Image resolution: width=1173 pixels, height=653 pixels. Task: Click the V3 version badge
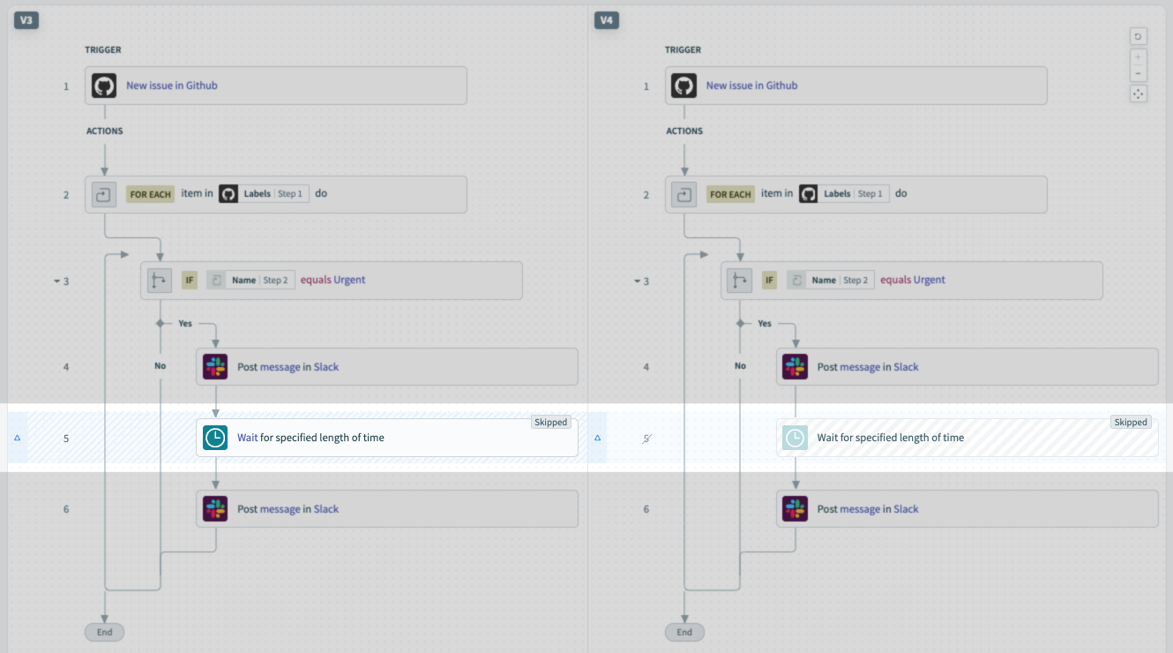[26, 19]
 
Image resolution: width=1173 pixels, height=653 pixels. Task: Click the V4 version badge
[606, 19]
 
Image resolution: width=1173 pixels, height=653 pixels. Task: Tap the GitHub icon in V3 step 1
[105, 86]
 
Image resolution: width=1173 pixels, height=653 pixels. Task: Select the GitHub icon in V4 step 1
[684, 86]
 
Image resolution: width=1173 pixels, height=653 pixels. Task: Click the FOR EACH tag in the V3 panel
[150, 194]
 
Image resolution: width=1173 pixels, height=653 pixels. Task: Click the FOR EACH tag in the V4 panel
[730, 194]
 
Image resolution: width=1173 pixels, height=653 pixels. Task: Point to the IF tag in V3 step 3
[189, 281]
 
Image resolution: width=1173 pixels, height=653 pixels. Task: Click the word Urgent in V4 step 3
[929, 280]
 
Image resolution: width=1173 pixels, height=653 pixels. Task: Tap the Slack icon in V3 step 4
[215, 367]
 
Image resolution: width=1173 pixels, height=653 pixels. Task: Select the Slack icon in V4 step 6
[796, 509]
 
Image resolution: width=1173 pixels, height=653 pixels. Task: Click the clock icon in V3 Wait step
[215, 438]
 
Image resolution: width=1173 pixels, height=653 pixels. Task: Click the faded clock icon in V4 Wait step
[796, 438]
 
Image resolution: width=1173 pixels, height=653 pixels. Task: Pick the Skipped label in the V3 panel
[550, 423]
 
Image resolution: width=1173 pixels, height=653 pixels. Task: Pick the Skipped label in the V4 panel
[1131, 423]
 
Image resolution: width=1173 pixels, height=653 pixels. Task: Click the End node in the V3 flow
[105, 632]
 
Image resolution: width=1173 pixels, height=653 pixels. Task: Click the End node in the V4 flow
[684, 632]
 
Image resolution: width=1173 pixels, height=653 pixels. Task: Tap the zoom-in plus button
[1139, 57]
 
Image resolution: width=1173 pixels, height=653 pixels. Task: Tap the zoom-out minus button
[1139, 73]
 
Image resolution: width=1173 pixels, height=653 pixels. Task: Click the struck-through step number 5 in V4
[646, 438]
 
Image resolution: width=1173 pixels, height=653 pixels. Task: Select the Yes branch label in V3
[185, 324]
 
